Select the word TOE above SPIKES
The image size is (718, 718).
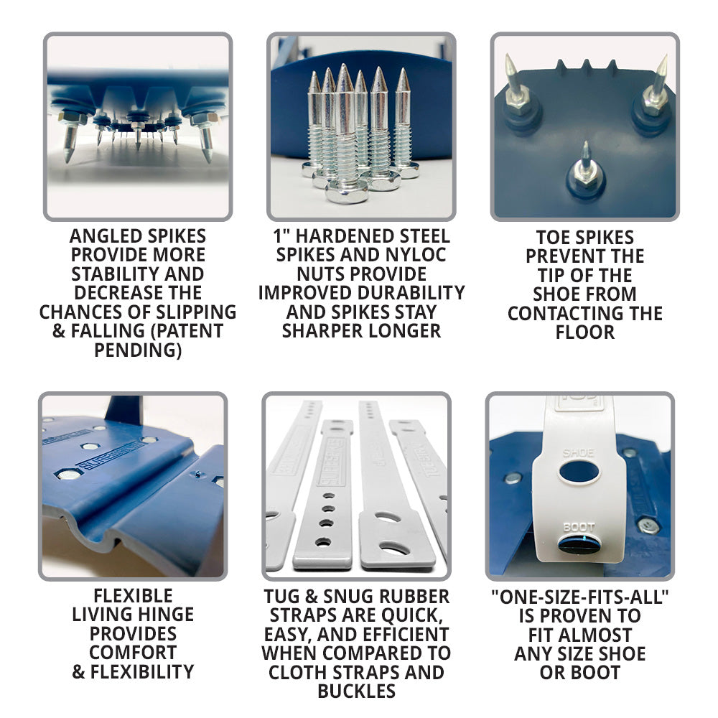[553, 237]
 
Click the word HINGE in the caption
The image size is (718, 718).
[167, 615]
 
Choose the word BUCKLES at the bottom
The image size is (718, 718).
[357, 691]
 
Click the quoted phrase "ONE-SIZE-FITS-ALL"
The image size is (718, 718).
[579, 597]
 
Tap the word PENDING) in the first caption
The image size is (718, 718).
[138, 350]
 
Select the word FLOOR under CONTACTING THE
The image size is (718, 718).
[584, 332]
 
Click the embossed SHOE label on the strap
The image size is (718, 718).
[578, 453]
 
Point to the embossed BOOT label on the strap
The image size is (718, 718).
[579, 527]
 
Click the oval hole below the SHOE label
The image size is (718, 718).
[579, 472]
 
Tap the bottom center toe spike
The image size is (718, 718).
[586, 169]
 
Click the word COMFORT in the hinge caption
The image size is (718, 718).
[133, 653]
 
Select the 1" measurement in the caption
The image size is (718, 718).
[281, 236]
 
